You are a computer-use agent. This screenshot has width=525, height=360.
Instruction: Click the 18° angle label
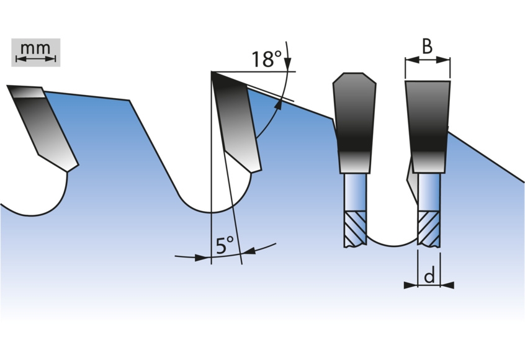pyautogui.click(x=266, y=60)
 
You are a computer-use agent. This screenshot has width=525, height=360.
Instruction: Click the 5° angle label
pyautogui.click(x=224, y=246)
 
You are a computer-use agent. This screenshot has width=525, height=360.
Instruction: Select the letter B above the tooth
pyautogui.click(x=428, y=46)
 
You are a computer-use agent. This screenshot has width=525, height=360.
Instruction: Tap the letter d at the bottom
pyautogui.click(x=429, y=277)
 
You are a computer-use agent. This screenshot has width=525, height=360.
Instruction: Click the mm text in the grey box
pyautogui.click(x=35, y=48)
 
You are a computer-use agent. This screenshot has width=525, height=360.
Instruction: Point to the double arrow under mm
pyautogui.click(x=35, y=59)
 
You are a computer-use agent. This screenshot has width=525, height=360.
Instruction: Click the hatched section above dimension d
pyautogui.click(x=429, y=228)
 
